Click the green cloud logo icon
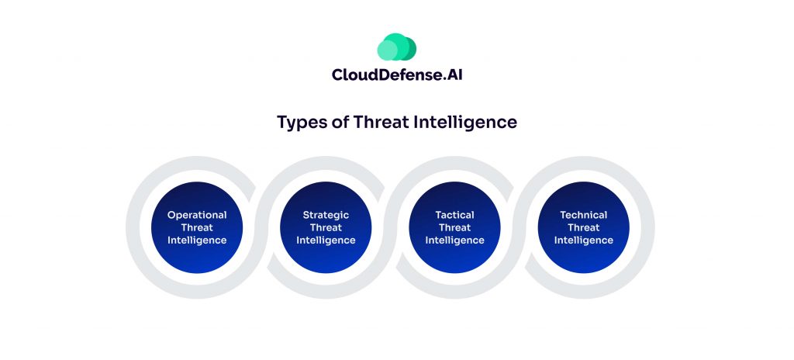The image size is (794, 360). coord(396,47)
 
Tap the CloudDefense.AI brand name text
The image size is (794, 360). coord(397,75)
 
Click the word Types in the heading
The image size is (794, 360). coord(300,123)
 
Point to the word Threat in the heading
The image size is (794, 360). coord(378,122)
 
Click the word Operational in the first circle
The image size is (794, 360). coord(197,215)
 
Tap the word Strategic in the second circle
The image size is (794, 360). coord(326,215)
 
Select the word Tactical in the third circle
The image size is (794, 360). coord(454,215)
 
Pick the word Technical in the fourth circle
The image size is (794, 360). coord(583,215)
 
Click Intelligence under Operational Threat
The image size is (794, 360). coord(197,241)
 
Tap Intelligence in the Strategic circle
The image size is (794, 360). coord(326,241)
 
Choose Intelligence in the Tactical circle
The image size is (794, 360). coord(454,241)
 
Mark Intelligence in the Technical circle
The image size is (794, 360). coord(583,241)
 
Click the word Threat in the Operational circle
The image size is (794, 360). coord(197,227)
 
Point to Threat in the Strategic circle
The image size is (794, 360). coord(326,227)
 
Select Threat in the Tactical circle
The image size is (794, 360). coord(454,227)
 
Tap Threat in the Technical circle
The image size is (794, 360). coord(583,227)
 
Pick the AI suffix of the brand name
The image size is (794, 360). coord(454,75)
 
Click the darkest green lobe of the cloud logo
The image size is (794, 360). coord(410,49)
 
